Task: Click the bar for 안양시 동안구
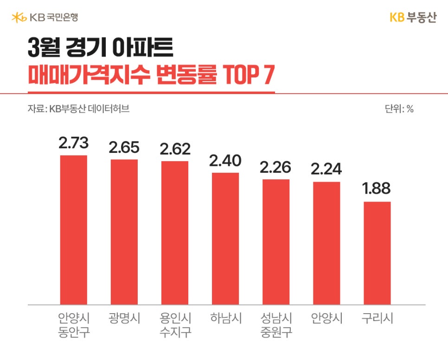[x=73, y=230]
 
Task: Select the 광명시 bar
[x=124, y=232]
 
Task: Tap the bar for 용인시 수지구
[x=175, y=233]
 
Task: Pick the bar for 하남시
[x=225, y=239]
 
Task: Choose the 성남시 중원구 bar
[x=276, y=242]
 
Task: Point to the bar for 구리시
[x=377, y=253]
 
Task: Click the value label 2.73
[x=73, y=143]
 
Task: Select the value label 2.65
[x=124, y=147]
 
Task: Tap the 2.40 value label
[x=225, y=160]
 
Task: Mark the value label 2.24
[x=326, y=169]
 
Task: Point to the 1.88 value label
[x=377, y=189]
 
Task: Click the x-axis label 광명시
[x=124, y=319]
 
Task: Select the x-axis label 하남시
[x=225, y=319]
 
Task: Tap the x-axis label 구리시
[x=377, y=319]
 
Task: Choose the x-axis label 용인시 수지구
[x=175, y=325]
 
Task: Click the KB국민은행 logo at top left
[x=45, y=18]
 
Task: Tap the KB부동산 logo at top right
[x=412, y=18]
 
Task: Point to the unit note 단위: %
[x=399, y=109]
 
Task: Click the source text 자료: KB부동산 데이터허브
[x=78, y=109]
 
